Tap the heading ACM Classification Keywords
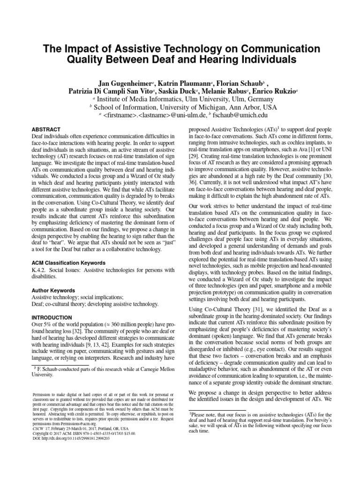coord(68,263)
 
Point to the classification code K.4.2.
coord(39,270)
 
